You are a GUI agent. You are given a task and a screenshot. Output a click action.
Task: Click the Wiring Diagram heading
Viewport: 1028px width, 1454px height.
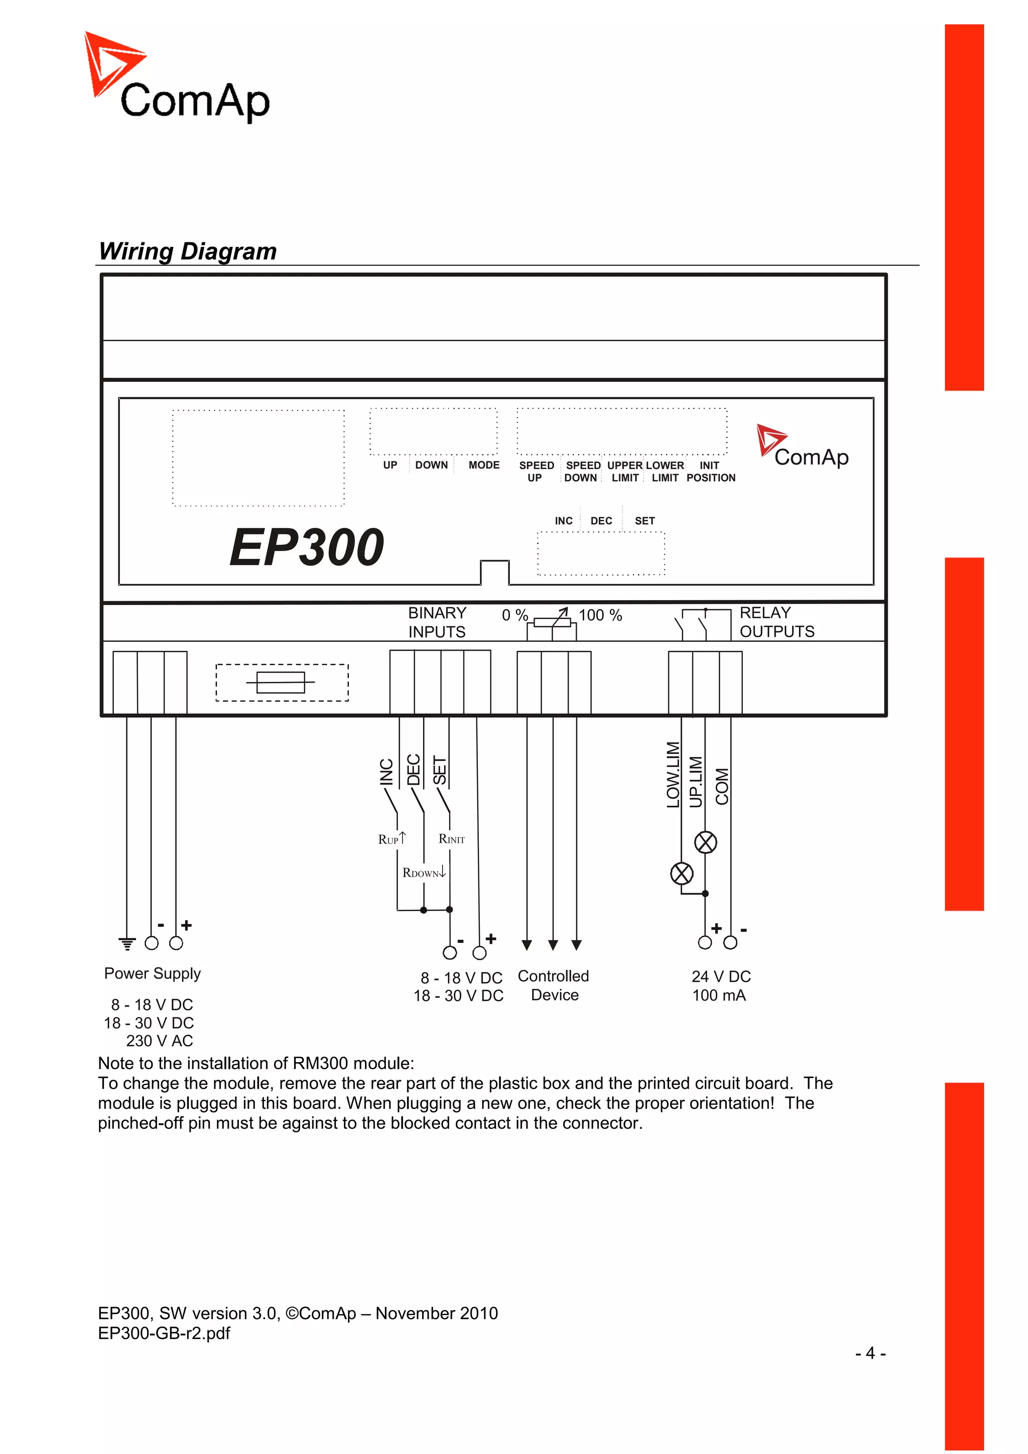pos(188,251)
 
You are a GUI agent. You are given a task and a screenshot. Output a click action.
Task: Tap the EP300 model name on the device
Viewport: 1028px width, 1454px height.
pos(307,547)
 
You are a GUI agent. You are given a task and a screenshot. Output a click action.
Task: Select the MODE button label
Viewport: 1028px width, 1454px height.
pos(484,465)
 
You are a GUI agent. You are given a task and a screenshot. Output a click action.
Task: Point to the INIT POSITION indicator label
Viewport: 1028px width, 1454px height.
pos(710,472)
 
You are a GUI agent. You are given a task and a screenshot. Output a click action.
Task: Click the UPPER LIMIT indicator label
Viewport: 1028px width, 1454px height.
pos(624,472)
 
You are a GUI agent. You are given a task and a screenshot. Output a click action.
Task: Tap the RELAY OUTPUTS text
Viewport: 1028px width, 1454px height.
pos(777,622)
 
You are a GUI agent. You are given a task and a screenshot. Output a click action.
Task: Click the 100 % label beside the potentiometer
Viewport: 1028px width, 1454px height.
pos(600,615)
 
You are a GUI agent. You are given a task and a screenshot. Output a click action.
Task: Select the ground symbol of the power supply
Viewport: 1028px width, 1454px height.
pos(127,944)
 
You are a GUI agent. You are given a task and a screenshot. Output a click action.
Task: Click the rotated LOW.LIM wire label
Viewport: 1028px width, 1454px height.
pos(673,775)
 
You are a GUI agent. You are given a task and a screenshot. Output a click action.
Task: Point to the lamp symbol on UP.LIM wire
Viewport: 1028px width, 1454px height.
pos(706,842)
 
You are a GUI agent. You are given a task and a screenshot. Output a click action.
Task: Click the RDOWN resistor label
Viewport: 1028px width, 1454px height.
pos(423,873)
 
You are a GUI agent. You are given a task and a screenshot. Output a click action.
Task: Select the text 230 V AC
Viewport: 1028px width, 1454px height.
pos(159,1041)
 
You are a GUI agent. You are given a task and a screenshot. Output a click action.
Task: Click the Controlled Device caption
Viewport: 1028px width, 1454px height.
pos(554,985)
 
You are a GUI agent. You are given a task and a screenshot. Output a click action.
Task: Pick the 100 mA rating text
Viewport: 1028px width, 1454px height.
pos(719,995)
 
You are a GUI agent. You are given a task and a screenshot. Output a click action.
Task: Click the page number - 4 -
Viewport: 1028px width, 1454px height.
pos(870,1353)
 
